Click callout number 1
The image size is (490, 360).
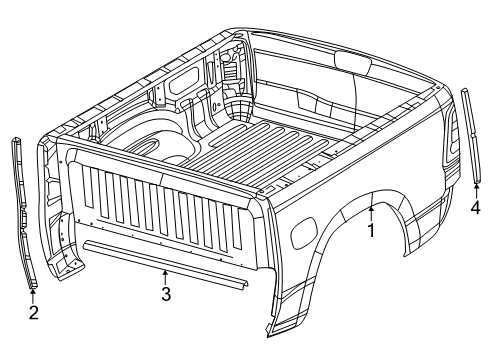[x=370, y=229]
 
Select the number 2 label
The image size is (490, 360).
[x=33, y=314]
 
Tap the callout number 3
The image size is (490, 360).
[x=166, y=293]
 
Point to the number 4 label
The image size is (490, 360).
[x=475, y=208]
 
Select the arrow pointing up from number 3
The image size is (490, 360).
[x=166, y=276]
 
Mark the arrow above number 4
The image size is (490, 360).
[x=475, y=190]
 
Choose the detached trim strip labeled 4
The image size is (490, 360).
[x=469, y=135]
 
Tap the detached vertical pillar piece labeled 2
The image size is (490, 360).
[x=21, y=210]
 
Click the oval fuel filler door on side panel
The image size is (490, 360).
[x=299, y=239]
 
